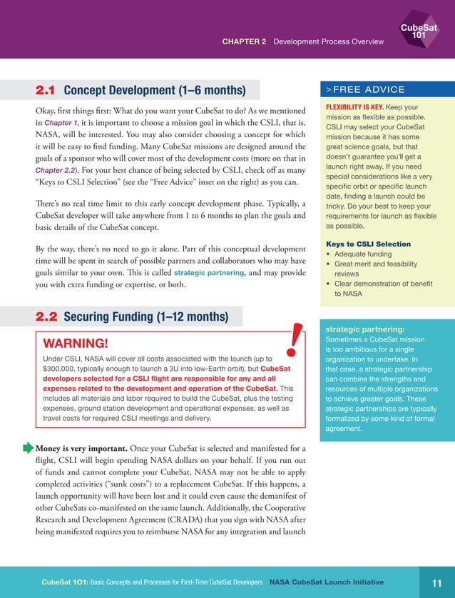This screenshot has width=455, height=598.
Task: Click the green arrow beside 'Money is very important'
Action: [29, 448]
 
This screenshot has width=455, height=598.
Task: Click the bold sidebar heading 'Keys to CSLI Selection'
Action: [365, 244]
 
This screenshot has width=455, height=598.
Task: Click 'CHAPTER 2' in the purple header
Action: [244, 42]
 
